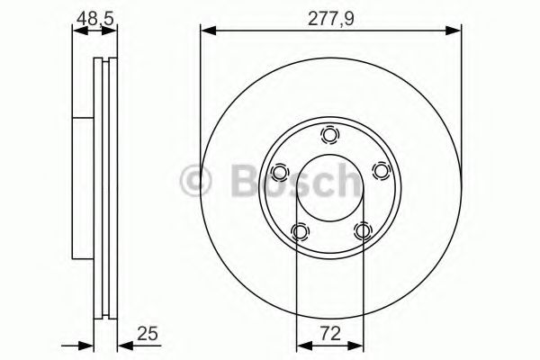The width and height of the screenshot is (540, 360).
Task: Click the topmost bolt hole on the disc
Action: click(329, 135)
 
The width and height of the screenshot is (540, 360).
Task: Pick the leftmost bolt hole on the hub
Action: click(279, 172)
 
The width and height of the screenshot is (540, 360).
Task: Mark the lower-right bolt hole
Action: click(362, 232)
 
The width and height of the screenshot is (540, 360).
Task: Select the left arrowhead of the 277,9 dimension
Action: click(206, 31)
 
